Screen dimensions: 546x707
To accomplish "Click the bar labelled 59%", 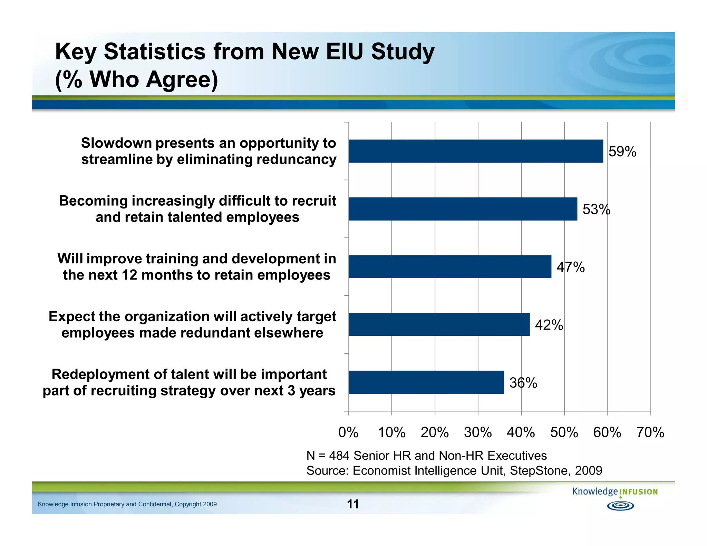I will pos(476,151).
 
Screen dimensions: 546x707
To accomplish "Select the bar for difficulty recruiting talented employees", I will pos(463,209).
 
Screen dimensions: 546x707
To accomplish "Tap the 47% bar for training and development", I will pos(450,267).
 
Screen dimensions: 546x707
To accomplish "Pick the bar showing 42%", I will pos(439,324).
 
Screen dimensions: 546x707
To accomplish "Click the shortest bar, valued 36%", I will pos(426,382).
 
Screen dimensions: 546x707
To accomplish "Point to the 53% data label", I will pos(596,209).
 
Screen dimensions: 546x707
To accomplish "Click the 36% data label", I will pos(523,383).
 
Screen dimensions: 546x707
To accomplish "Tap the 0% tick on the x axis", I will pos(348,432).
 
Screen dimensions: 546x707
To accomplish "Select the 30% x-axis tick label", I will pos(478,432).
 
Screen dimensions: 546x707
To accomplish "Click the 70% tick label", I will pos(650,432).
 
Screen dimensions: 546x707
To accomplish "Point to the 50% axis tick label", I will pos(564,432).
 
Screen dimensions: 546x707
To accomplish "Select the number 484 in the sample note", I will pos(339,456).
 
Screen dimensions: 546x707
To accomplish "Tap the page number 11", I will pos(352,504).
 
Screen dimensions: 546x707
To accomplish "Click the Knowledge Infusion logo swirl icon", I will pos(620,506).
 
